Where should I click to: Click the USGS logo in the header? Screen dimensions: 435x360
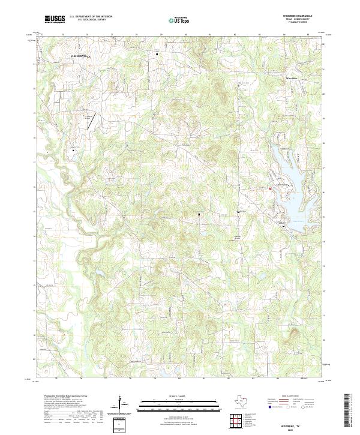[x=55, y=19]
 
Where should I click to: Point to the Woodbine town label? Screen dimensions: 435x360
[x=292, y=78]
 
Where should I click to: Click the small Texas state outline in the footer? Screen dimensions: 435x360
[x=244, y=401]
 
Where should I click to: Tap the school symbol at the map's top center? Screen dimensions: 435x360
[x=158, y=55]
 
